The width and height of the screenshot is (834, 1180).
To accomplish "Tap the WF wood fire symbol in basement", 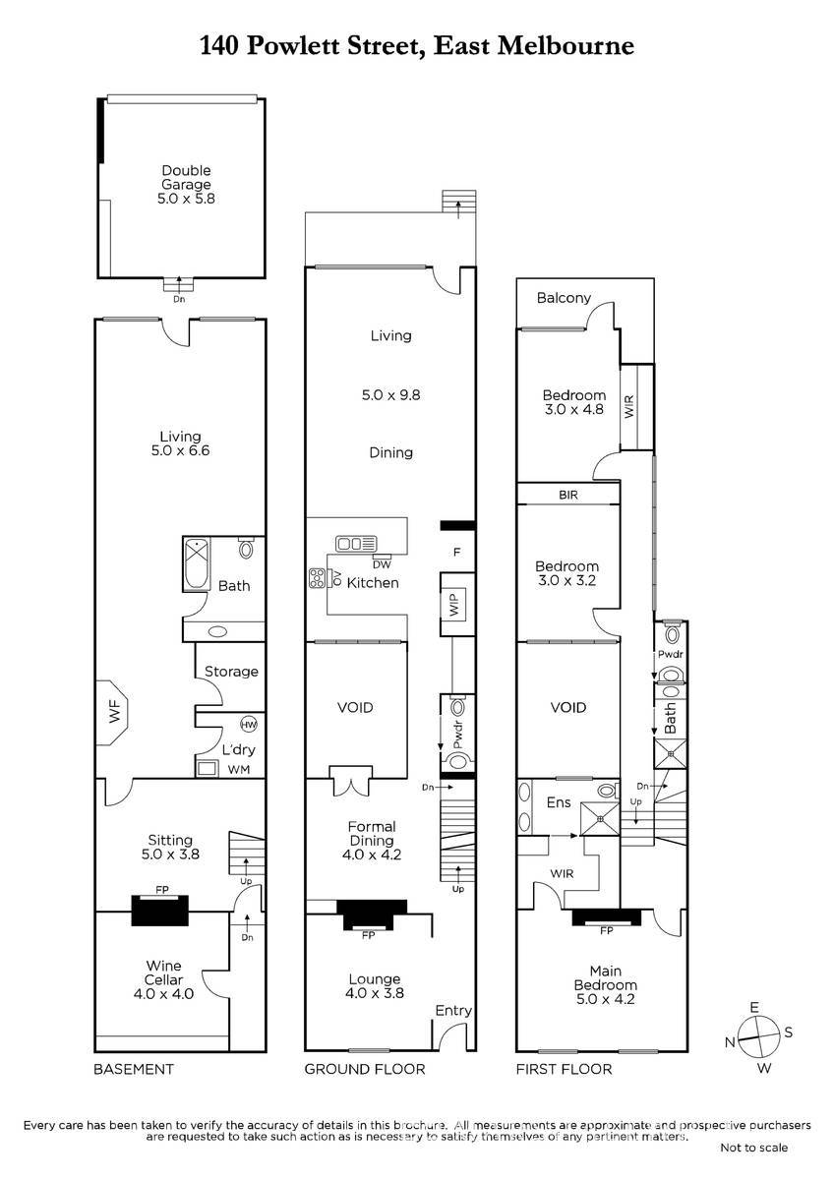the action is pos(113,712).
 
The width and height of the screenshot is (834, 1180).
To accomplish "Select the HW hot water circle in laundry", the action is pos(248,725).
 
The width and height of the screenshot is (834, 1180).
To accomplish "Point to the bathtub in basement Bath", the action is pos(197,563).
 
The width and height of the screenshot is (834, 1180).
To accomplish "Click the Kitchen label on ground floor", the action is pos(373,582).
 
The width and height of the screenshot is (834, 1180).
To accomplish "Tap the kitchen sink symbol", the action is pos(356,544).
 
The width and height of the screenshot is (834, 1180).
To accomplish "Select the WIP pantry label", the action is pos(454,603).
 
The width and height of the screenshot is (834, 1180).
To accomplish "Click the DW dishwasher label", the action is pos(382,564).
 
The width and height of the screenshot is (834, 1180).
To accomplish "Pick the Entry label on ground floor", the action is pos(453,1011).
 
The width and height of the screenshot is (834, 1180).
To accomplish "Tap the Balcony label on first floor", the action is pos(564,298).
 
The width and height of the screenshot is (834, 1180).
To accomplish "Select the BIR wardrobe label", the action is pos(567,495).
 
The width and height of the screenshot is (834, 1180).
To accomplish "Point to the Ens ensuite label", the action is pos(559,802).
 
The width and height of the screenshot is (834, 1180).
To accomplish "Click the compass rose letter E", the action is pos(754,1008).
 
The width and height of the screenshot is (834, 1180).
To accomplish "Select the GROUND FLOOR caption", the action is pos(365,1069).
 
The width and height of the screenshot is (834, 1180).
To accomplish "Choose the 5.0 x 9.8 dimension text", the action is pos(390,395).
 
